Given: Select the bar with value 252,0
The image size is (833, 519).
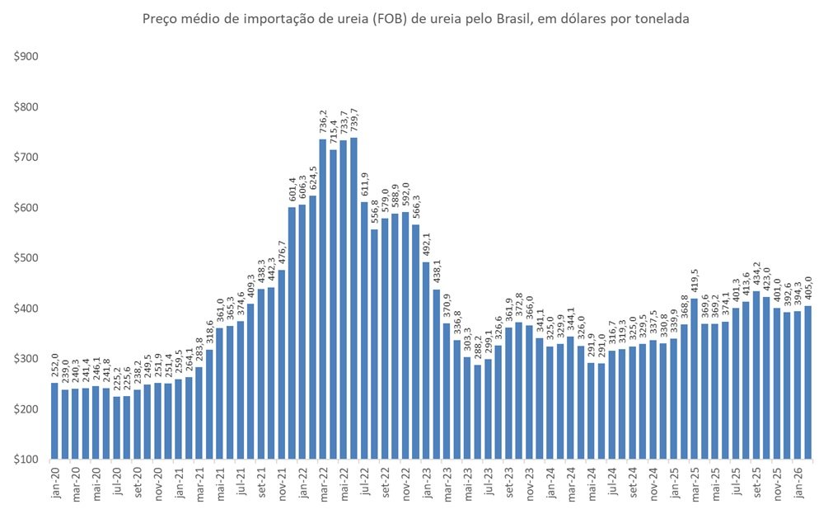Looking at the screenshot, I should pos(54,420).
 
